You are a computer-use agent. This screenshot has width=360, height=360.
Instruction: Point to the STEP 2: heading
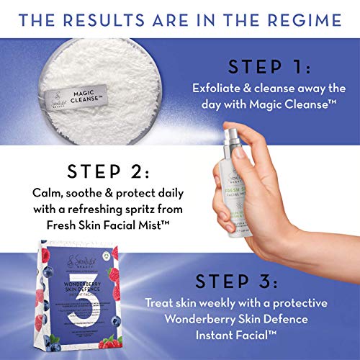click(x=109, y=174)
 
